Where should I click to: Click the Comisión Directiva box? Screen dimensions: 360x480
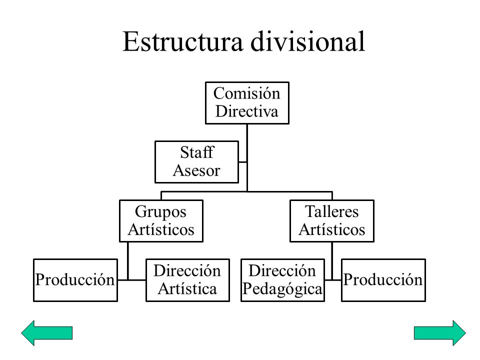247,102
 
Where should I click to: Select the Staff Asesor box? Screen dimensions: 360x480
196,162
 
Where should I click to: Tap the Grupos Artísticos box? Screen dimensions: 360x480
161,221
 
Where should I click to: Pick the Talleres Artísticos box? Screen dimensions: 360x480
332,221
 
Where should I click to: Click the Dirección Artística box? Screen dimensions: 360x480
187,280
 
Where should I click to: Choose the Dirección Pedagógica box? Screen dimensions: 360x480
282,280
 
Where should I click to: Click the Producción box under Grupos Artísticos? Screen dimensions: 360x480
75,280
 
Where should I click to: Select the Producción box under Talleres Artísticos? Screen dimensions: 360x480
383,280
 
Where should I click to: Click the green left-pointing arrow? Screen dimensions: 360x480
47,332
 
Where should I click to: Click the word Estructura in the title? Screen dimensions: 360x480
182,42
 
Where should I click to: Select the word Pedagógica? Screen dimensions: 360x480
282,288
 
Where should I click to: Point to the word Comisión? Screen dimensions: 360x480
247,93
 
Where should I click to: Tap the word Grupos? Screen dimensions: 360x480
161,212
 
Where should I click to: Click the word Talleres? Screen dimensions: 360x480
332,212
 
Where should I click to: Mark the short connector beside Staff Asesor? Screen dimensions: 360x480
242,161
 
